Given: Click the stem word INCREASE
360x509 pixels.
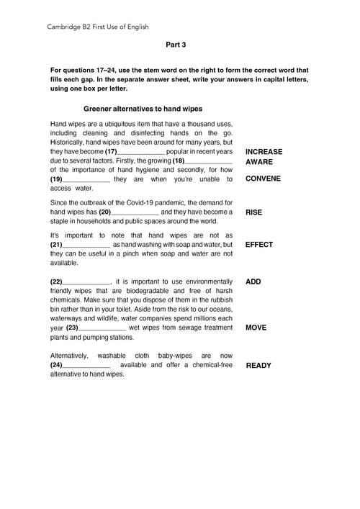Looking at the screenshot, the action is tap(264, 153).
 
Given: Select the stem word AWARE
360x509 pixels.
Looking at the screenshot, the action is tap(259, 162).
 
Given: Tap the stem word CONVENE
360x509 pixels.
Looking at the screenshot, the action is tap(263, 179).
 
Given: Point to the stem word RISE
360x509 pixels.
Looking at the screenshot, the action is tap(253, 213).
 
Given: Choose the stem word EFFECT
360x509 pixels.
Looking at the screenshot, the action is tap(259, 245).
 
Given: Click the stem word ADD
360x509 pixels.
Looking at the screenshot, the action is tap(253, 281).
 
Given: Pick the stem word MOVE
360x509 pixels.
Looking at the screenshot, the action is tap(256, 328).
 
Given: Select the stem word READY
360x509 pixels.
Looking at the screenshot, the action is tap(258, 366).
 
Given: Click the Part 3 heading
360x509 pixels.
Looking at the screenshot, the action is tap(176, 45).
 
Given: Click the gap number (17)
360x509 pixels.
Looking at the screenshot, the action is tap(111, 153).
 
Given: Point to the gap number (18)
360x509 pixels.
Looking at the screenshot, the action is tap(179, 161).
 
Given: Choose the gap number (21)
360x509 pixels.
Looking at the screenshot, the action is tap(56, 245).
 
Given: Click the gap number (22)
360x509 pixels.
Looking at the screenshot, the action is tap(56, 281).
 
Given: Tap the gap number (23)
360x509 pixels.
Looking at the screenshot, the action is tap(72, 328).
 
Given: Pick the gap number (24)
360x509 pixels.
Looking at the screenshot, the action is tap(56, 365).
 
